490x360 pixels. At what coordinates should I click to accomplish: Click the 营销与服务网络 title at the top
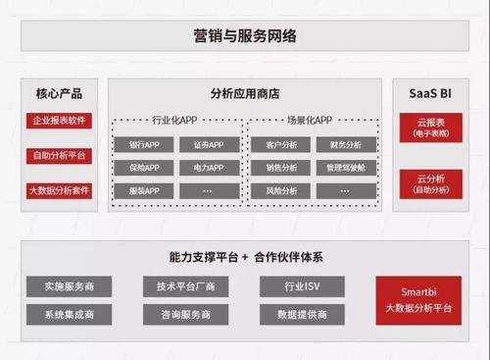[x=245, y=36]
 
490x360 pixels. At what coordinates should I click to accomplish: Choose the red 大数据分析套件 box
[x=59, y=190]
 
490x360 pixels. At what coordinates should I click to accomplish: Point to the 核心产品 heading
[x=59, y=94]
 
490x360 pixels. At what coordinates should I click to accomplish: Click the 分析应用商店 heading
[x=245, y=94]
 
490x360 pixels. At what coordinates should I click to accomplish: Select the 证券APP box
[x=209, y=145]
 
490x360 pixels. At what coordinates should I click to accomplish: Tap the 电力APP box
[x=209, y=168]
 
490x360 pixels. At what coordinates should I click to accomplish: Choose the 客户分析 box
[x=281, y=145]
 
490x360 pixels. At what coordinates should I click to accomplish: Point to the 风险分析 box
[x=281, y=190]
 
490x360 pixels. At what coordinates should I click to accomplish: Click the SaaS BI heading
[x=430, y=94]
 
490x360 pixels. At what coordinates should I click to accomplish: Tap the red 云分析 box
[x=430, y=183]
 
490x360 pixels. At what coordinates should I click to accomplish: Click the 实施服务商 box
[x=70, y=286]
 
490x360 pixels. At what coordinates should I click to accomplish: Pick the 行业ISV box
[x=302, y=286]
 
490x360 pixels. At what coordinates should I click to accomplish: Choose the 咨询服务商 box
[x=185, y=315]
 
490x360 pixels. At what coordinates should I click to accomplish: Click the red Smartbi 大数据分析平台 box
[x=418, y=300]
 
